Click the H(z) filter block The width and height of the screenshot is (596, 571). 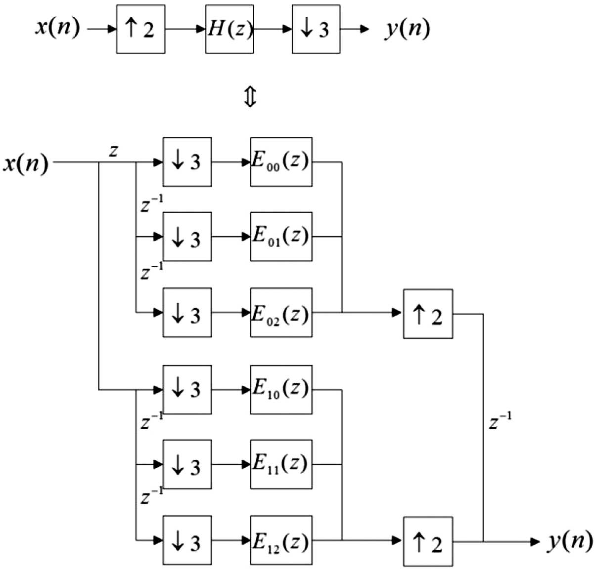[x=229, y=29]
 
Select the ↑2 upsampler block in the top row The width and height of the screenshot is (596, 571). [x=140, y=29]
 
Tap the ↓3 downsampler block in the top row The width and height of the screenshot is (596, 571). [x=316, y=29]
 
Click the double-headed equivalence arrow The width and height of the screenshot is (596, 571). [x=250, y=96]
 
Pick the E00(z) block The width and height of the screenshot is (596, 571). [x=281, y=162]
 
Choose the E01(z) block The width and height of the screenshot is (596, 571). [x=281, y=237]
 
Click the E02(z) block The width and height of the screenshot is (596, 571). [x=281, y=312]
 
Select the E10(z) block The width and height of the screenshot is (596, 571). [x=281, y=390]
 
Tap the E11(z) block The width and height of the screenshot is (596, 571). [x=281, y=464]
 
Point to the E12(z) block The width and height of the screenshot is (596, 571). [x=281, y=540]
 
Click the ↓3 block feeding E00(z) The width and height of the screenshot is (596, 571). [x=187, y=162]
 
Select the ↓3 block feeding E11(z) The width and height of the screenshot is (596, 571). [x=187, y=464]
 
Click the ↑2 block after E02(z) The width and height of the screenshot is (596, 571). [x=428, y=314]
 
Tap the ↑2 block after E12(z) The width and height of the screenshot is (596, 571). [x=428, y=542]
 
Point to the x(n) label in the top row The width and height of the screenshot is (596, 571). [x=57, y=28]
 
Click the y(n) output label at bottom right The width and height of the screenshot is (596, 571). [x=569, y=542]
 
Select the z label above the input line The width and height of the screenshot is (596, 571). [x=113, y=151]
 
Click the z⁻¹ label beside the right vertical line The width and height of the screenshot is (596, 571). [x=500, y=421]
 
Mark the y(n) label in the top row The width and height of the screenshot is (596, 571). [x=407, y=29]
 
